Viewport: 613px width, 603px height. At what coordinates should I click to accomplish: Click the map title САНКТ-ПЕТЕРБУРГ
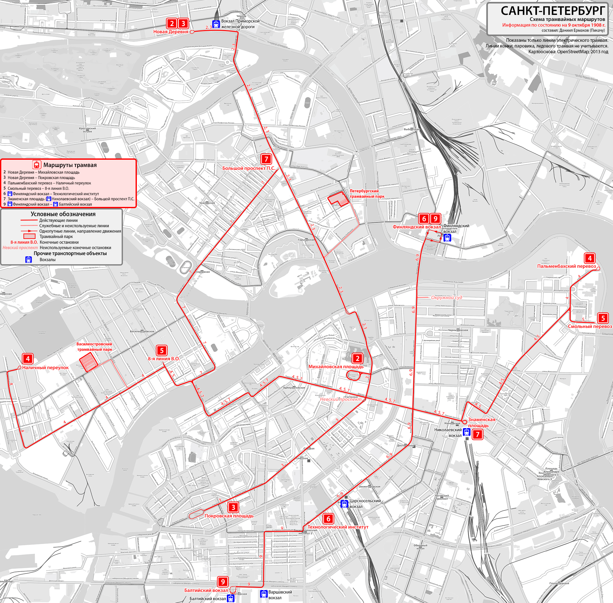[x=552, y=11]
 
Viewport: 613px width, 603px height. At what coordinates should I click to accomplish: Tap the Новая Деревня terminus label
[x=171, y=32]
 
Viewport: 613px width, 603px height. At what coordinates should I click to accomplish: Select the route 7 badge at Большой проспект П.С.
[x=266, y=159]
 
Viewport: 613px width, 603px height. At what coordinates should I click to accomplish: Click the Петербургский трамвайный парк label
[x=367, y=194]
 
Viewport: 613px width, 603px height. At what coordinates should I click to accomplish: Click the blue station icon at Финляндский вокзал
[x=447, y=237]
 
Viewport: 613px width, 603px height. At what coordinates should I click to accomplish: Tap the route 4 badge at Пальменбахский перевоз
[x=590, y=258]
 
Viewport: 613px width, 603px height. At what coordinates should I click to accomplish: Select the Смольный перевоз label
[x=590, y=326]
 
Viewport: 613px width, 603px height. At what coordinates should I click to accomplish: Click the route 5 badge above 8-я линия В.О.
[x=162, y=350]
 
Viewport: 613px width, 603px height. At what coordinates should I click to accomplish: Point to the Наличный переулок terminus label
[x=45, y=368]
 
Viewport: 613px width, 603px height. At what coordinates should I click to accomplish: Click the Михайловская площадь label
[x=336, y=367]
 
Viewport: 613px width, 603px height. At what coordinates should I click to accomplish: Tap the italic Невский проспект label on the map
[x=341, y=399]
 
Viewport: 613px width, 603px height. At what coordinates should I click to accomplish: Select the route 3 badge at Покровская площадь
[x=233, y=507]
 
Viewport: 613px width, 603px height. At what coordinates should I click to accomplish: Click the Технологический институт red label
[x=338, y=527]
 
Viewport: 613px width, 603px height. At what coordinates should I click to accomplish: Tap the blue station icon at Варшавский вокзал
[x=264, y=593]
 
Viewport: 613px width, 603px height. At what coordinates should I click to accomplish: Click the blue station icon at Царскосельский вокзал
[x=344, y=504]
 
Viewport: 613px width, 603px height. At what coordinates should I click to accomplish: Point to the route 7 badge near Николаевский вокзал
[x=477, y=434]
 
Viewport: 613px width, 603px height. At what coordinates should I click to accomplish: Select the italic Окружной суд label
[x=446, y=298]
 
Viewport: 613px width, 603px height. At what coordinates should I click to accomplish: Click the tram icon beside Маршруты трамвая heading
[x=37, y=165]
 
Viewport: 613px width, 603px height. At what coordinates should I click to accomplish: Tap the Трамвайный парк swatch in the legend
[x=29, y=236]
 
